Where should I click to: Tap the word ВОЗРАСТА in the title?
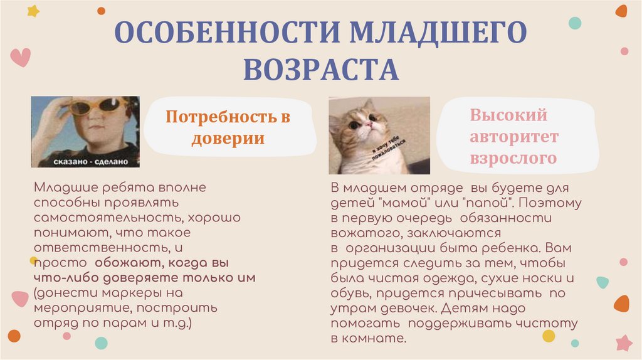coord(321,69)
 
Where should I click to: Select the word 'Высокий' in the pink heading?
coord(508,115)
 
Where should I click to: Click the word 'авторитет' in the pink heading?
coord(514,137)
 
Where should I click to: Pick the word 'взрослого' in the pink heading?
coord(513,157)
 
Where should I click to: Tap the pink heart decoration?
coord(20,56)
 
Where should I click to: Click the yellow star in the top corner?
coord(33,11)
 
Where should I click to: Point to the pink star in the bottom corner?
coord(624,342)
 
